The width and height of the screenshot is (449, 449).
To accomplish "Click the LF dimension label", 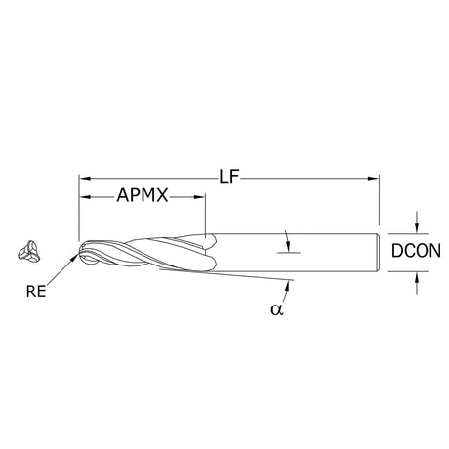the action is point(229,178).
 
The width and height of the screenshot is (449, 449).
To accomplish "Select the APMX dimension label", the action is point(143,196).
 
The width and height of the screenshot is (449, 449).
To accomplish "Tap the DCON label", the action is point(416,251).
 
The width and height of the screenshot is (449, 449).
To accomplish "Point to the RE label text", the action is point(36,291).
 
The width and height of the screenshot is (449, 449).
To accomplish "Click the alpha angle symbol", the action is point(277,309).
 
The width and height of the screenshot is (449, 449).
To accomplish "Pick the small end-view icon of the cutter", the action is point(28,252).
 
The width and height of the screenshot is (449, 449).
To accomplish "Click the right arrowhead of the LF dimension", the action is point(374,179).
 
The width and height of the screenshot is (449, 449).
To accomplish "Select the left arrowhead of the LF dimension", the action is point(85,179).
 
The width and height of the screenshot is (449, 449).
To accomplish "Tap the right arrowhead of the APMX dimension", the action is point(199,197).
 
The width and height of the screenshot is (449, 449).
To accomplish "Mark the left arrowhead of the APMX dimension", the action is point(85,197).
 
